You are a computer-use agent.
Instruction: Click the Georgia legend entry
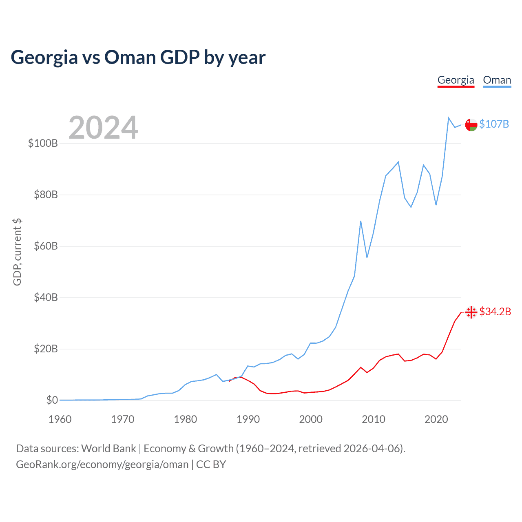point(456,80)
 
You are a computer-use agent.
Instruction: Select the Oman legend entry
point(497,80)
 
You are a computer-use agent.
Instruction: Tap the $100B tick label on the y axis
point(43,143)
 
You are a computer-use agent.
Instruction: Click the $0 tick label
point(52,400)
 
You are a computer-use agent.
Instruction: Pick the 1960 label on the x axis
point(60,419)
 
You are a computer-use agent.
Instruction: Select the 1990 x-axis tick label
point(248,419)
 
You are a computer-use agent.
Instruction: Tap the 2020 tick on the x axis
point(436,419)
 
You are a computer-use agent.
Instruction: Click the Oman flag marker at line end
point(471,125)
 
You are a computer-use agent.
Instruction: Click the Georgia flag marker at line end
point(471,312)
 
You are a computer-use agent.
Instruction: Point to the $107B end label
point(494,124)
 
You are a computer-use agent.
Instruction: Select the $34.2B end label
point(495,312)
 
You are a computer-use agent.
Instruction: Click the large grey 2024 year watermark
point(103,128)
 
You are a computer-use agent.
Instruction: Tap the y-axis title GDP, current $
point(17,252)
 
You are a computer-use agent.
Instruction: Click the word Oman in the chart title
point(130,58)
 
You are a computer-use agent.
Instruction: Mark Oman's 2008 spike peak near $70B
point(361,221)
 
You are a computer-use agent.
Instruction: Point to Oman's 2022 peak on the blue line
point(449,118)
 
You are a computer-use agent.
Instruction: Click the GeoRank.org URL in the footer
point(102,464)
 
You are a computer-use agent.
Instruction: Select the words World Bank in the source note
point(108,449)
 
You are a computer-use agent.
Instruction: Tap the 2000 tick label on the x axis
point(311,419)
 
